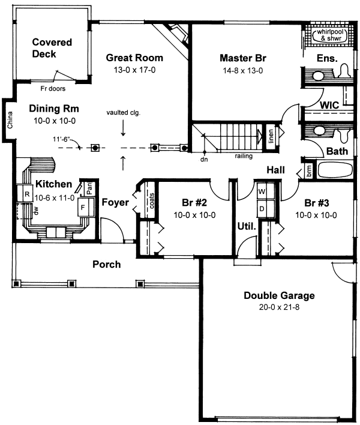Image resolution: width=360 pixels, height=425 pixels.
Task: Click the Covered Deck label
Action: (52, 48)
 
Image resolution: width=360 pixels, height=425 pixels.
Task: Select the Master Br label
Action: (242, 58)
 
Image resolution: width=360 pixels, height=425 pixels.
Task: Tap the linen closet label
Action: (271, 137)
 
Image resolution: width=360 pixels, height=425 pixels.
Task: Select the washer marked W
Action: (262, 192)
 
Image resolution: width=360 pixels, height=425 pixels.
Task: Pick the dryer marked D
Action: (262, 208)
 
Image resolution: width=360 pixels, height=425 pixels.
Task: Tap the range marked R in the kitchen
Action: (28, 193)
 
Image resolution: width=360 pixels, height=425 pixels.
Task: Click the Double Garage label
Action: (279, 296)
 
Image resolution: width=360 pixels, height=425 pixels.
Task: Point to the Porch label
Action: (106, 264)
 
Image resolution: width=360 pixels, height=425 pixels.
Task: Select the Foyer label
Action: (115, 203)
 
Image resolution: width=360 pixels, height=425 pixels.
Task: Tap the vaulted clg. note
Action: (123, 112)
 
